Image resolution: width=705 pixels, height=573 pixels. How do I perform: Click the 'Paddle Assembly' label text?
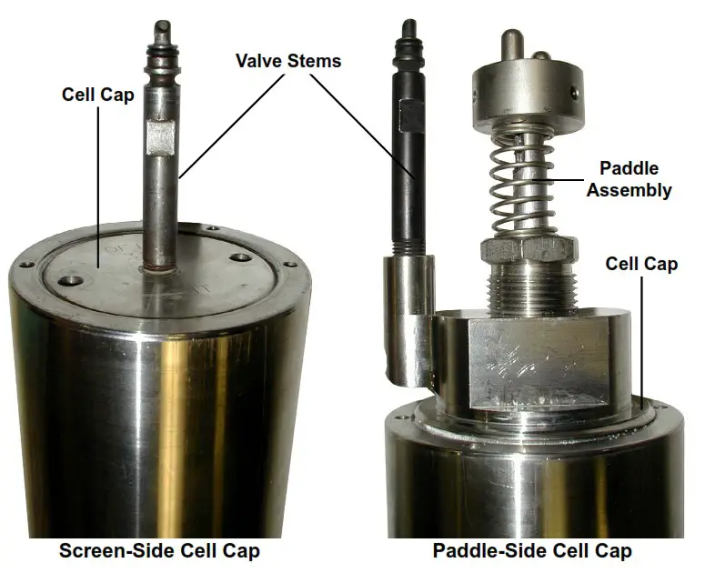629,179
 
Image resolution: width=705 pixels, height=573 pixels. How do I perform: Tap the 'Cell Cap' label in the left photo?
96,94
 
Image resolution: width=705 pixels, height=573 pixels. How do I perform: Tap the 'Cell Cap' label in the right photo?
642,265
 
